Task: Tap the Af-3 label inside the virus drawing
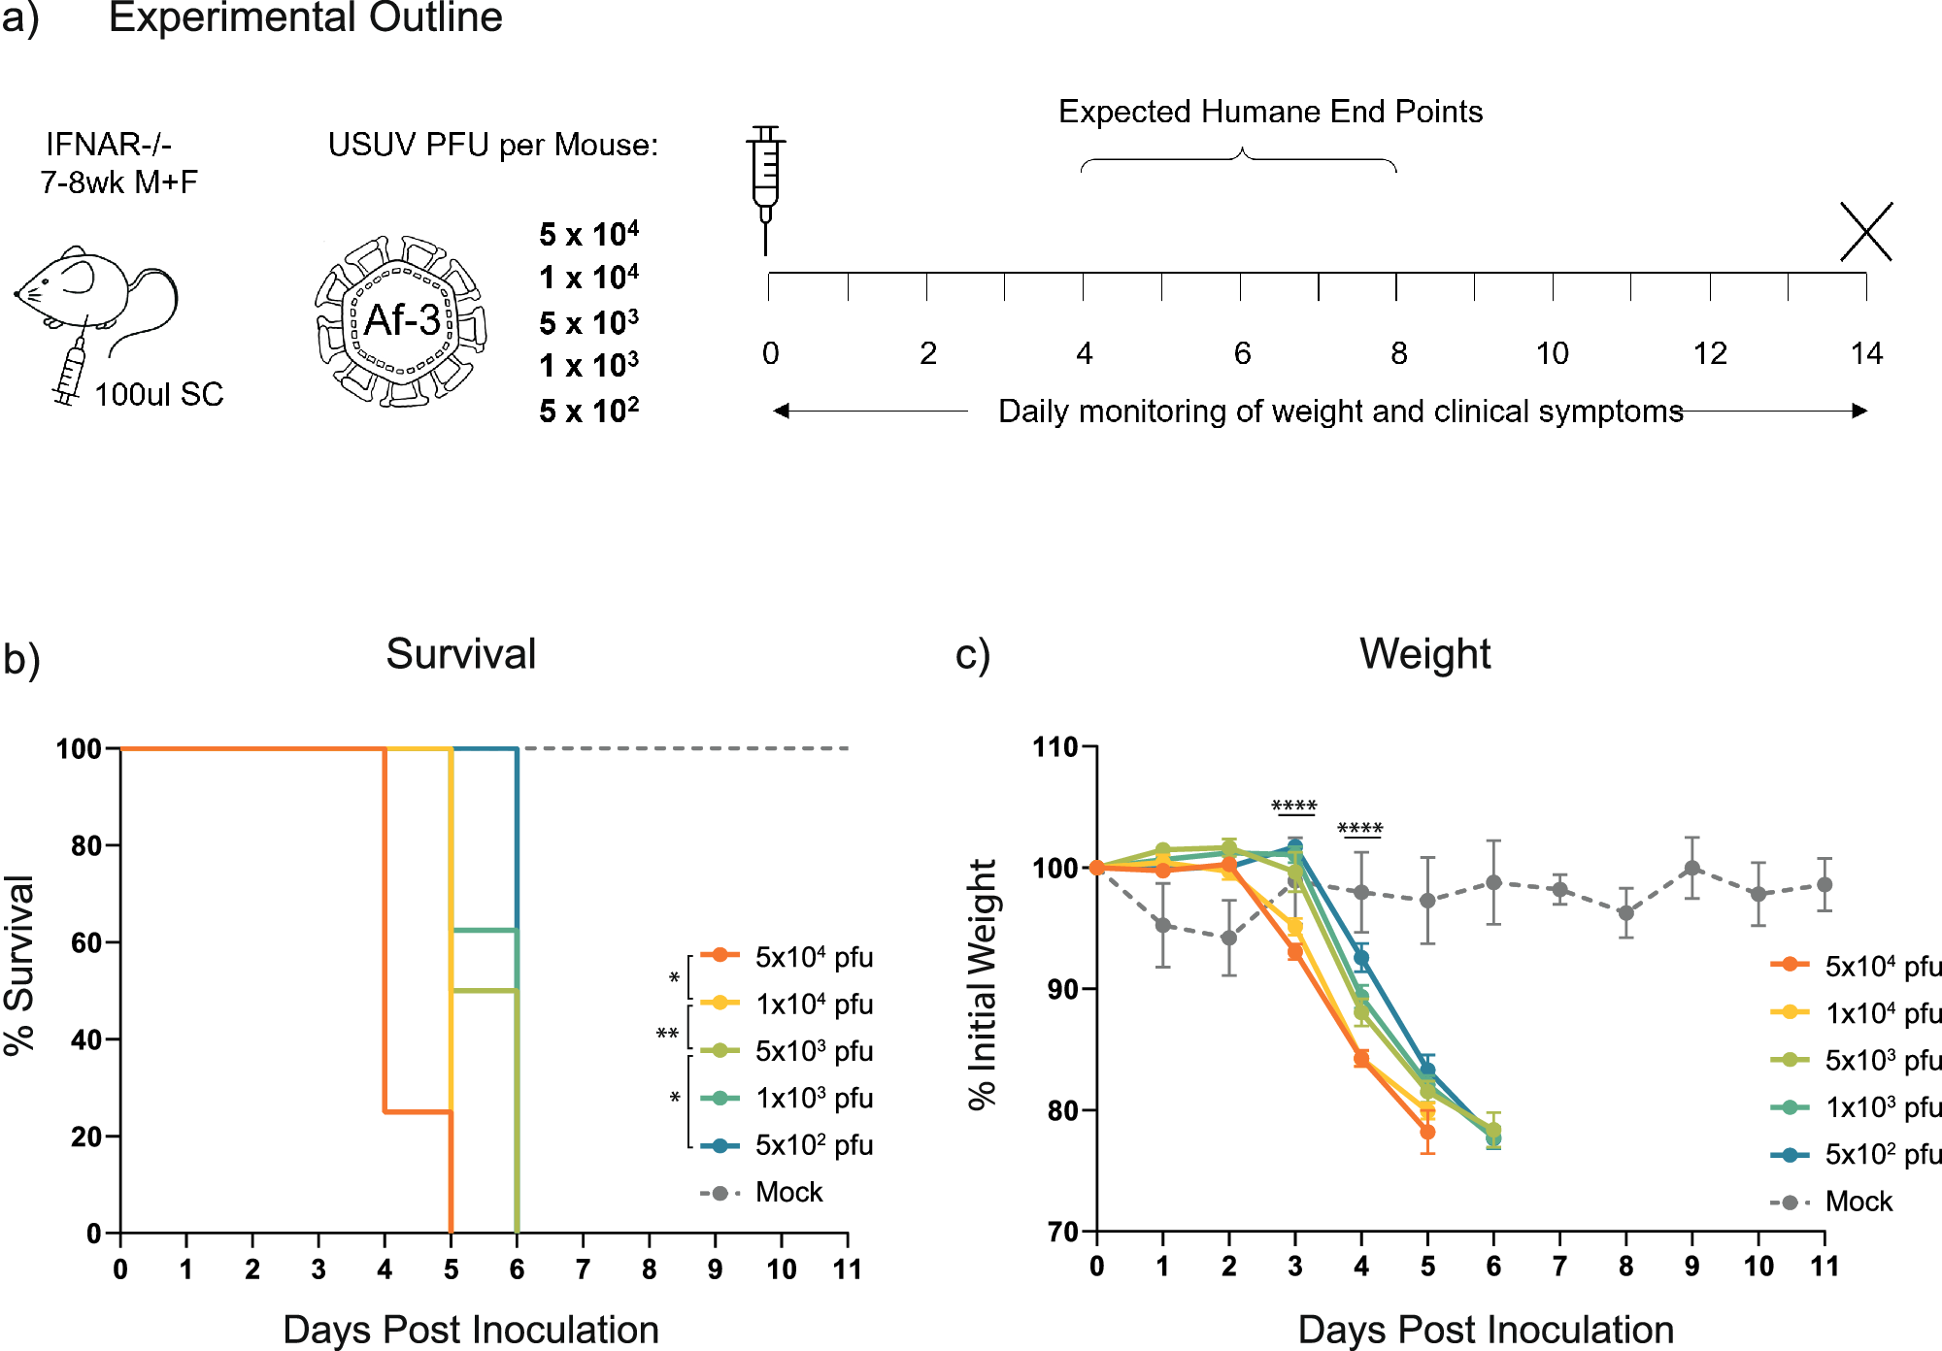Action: [x=402, y=319]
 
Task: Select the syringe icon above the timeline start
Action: [x=766, y=184]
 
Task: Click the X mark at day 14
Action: [x=1865, y=232]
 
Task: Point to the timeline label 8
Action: [x=1398, y=353]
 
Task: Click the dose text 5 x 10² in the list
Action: [x=588, y=411]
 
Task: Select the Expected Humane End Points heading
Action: [x=1270, y=112]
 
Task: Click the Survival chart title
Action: [x=460, y=653]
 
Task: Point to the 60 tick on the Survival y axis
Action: [x=86, y=942]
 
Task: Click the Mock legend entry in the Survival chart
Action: [x=787, y=1192]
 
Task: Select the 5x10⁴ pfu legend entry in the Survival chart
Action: [x=813, y=957]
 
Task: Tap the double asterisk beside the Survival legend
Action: [x=667, y=1034]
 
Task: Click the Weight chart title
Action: [x=1424, y=653]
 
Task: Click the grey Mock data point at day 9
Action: [x=1692, y=869]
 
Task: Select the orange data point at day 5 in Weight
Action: [x=1427, y=1132]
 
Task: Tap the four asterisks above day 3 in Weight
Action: [x=1293, y=807]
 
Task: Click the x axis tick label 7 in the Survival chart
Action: [x=583, y=1269]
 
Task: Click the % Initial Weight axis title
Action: [x=983, y=984]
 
